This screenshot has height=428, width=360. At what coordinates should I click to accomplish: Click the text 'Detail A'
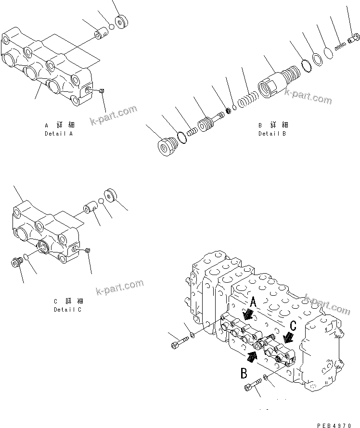click(x=58, y=133)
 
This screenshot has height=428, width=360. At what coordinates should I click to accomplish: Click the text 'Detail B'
click(x=272, y=133)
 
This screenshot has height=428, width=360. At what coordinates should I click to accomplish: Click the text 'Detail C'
click(x=67, y=310)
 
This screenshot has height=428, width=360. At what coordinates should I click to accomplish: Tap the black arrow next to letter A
click(x=248, y=314)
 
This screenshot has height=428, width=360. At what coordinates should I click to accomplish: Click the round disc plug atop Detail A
click(x=122, y=23)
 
